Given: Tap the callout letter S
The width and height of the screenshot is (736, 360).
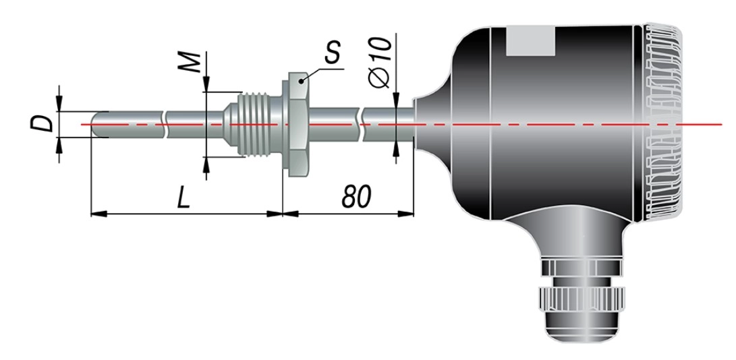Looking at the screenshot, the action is [333, 52].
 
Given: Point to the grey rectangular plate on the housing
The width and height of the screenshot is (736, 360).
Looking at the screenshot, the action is [531, 41].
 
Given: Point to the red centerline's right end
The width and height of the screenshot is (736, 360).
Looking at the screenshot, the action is [721, 124].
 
